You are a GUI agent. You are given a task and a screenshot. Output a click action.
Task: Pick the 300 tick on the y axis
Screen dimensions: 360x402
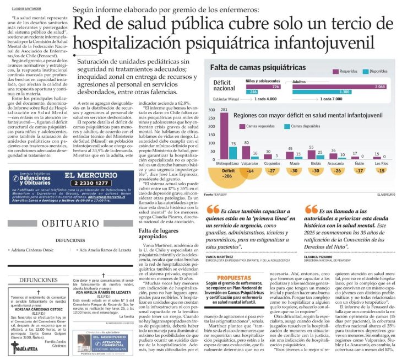(210, 110)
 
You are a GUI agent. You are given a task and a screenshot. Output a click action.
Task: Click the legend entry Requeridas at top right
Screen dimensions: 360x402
(343, 71)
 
